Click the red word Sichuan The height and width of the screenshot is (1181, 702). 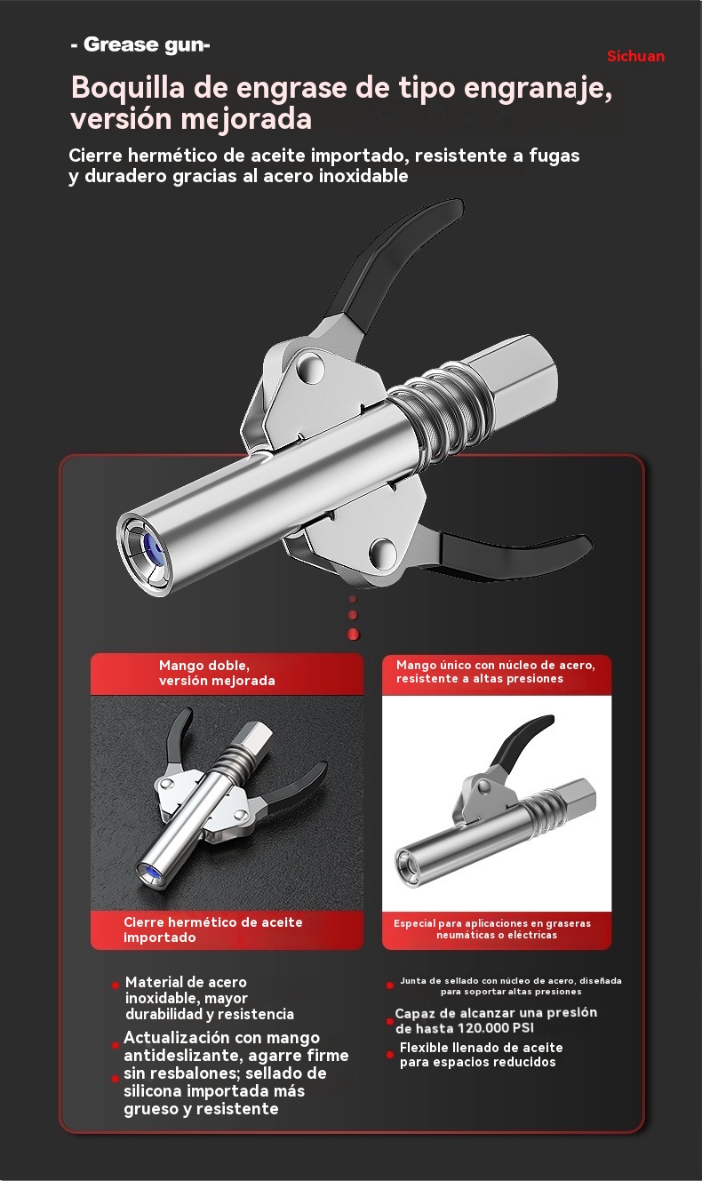click(x=635, y=56)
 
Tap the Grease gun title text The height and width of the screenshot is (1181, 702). click(x=140, y=44)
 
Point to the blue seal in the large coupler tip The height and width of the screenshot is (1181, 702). click(x=153, y=549)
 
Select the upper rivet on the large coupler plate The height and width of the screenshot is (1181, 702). click(x=310, y=369)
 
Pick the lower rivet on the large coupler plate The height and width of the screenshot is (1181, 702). click(x=383, y=552)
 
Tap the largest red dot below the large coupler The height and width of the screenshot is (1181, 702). click(x=354, y=634)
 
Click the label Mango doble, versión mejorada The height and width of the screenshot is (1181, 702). click(x=217, y=673)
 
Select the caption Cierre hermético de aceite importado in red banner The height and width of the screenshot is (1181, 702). click(x=213, y=930)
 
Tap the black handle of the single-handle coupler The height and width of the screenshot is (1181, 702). click(x=522, y=744)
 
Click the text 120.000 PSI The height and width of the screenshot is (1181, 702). click(x=496, y=1028)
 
